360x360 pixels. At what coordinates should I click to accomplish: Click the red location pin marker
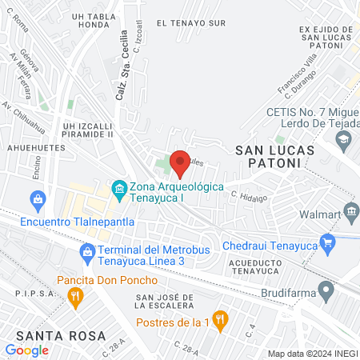point(180,162)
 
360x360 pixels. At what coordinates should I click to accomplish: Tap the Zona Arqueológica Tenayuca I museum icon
point(119,189)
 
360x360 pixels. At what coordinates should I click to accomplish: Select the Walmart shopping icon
point(351,212)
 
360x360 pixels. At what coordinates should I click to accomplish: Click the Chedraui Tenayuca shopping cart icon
point(326,241)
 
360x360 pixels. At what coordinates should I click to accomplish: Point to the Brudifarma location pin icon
point(325,288)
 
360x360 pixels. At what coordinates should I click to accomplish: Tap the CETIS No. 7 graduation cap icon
point(343,139)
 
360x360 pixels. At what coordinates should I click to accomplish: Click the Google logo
point(26,350)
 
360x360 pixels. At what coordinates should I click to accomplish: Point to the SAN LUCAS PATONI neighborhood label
point(268,156)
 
